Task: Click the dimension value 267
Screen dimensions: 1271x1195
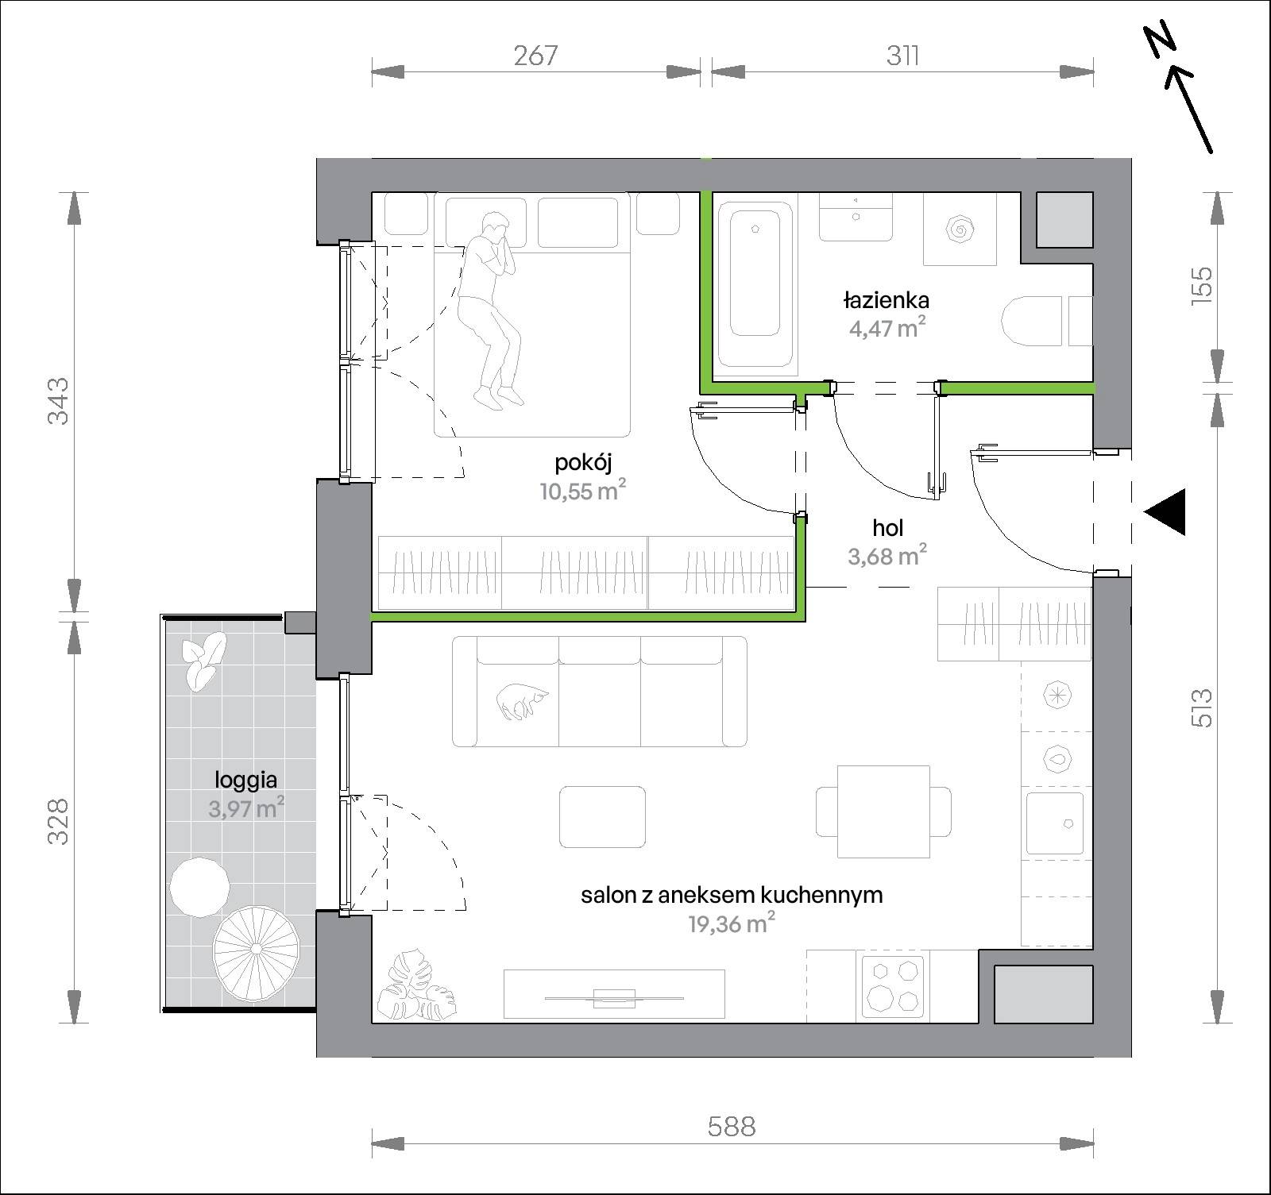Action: (x=536, y=56)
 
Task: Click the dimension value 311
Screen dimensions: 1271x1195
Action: (x=903, y=56)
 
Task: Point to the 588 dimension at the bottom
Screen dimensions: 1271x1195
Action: (x=732, y=1126)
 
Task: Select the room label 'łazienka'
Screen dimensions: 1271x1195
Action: (x=887, y=300)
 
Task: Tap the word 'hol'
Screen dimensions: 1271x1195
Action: (x=887, y=527)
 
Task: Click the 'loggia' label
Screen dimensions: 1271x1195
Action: (x=245, y=781)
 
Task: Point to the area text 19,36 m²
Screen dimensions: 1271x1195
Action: (x=731, y=923)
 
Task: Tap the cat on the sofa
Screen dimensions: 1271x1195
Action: (x=521, y=702)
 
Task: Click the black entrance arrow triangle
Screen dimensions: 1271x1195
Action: (x=1165, y=511)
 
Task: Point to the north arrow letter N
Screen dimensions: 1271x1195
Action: (x=1161, y=40)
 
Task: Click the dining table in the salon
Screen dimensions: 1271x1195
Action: (x=883, y=811)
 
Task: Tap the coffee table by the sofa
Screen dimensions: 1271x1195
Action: (x=603, y=817)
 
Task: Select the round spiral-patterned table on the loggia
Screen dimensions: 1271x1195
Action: (x=256, y=949)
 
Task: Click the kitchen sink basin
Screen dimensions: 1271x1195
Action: (x=1055, y=823)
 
